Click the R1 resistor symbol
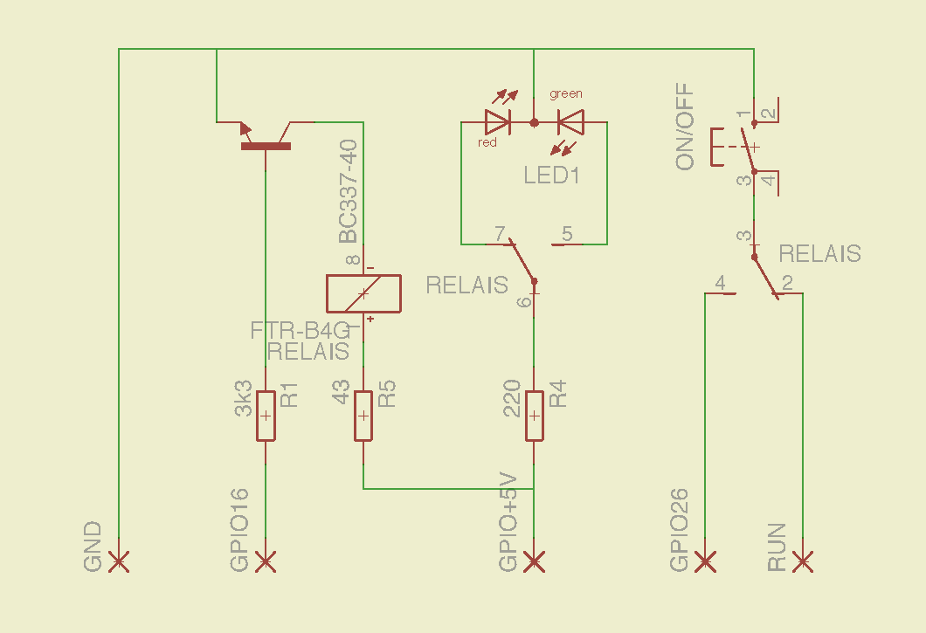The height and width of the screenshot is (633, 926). [x=266, y=416]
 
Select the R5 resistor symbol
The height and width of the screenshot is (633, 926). [x=363, y=416]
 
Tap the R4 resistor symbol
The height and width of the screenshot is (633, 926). [x=534, y=416]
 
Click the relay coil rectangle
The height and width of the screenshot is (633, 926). [x=363, y=293]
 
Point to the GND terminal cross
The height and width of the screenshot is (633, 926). [x=119, y=561]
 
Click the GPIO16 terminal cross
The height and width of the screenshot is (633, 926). [x=266, y=561]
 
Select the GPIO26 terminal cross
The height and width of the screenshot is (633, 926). [x=705, y=561]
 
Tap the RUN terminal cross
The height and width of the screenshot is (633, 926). [x=803, y=561]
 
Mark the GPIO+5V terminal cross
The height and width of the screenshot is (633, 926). [x=534, y=561]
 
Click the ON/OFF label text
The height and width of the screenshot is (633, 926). [x=685, y=127]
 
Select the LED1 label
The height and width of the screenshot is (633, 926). [x=552, y=175]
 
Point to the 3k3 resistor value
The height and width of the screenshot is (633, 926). [x=245, y=397]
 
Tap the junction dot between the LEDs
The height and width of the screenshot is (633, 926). [x=534, y=123]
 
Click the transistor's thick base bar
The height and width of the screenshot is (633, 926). [x=266, y=147]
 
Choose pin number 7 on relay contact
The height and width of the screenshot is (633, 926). [x=500, y=234]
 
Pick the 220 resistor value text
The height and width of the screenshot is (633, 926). [x=512, y=397]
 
